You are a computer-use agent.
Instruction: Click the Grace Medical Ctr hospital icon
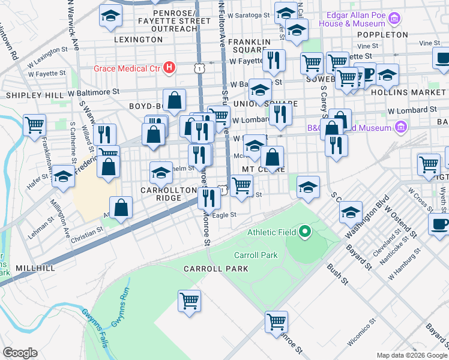[x=170, y=68]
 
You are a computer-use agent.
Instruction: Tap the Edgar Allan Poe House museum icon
[x=394, y=19]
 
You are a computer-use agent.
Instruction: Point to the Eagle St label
[x=224, y=214]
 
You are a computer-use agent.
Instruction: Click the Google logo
[x=20, y=353]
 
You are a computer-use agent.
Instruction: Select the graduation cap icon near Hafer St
[x=63, y=175]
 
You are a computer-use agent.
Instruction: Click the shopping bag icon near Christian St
[x=121, y=208]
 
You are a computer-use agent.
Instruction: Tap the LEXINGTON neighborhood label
[x=138, y=40]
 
